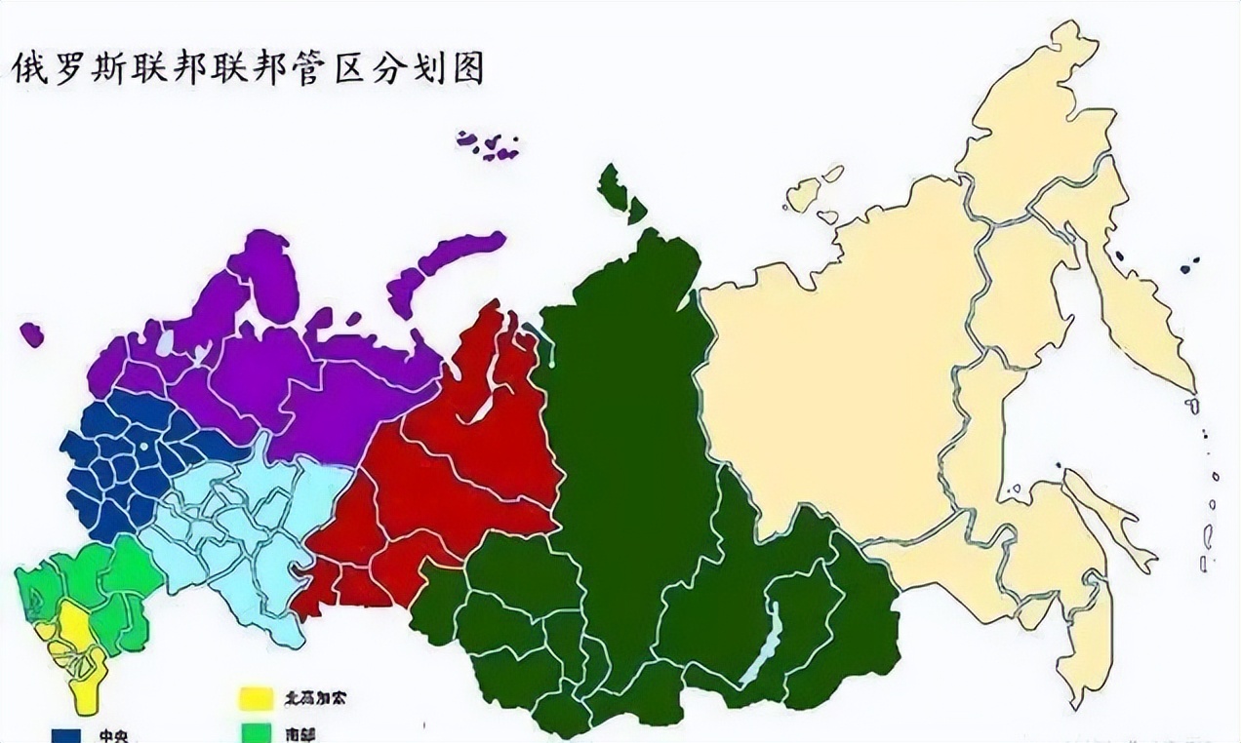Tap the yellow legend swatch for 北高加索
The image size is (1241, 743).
pyautogui.click(x=256, y=698)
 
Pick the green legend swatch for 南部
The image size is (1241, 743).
pyautogui.click(x=256, y=734)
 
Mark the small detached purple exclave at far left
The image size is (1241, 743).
pyautogui.click(x=31, y=334)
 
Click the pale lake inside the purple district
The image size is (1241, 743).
pyautogui.click(x=166, y=340)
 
